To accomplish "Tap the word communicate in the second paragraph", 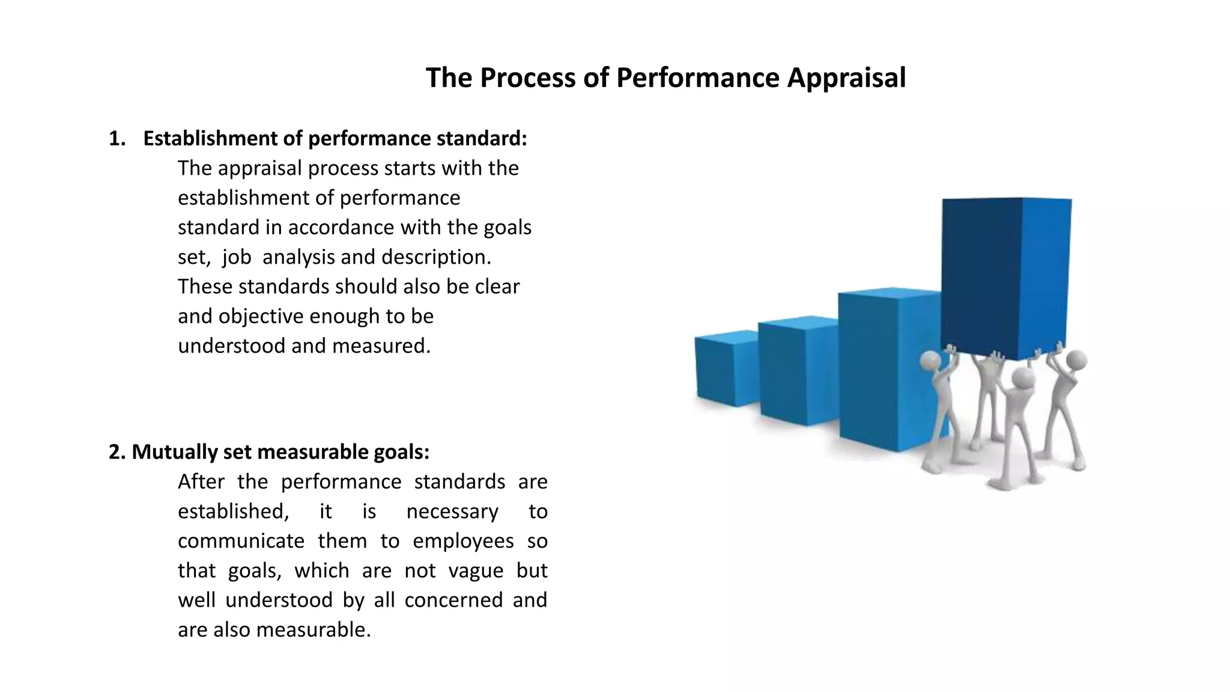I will [241, 541].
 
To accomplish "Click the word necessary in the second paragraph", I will [452, 512].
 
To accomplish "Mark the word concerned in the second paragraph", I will [453, 600].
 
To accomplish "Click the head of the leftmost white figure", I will [930, 361].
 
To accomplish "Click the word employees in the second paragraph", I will [463, 541].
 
